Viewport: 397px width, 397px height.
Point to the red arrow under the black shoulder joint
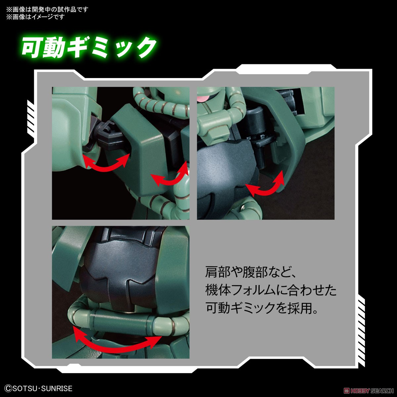(x=106, y=161)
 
